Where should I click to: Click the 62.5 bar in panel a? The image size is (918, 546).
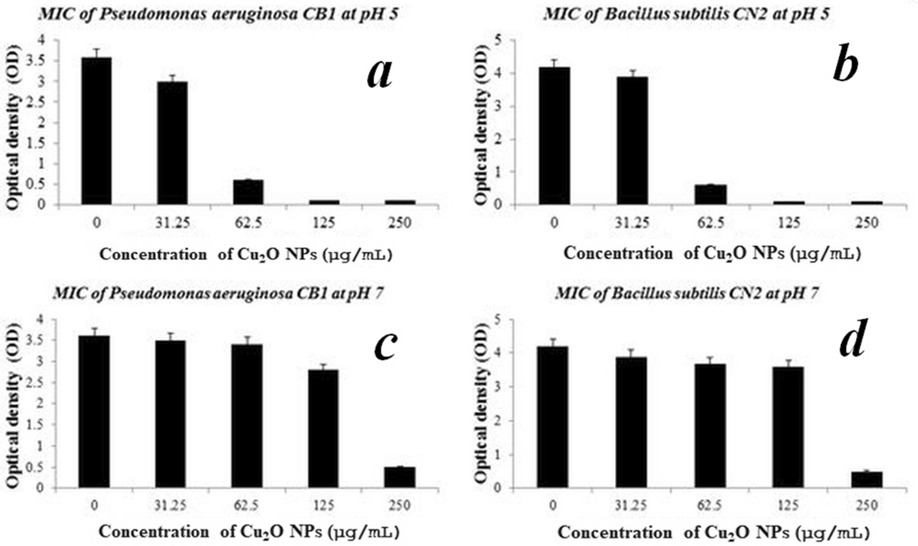click(248, 192)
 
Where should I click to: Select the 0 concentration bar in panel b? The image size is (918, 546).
click(554, 136)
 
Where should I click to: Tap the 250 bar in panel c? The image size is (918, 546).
click(400, 477)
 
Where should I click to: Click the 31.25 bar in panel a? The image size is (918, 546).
click(172, 143)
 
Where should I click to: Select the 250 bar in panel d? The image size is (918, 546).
click(866, 480)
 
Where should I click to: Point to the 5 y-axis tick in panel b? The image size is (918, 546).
click(497, 40)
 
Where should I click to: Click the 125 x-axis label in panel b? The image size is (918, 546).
click(789, 223)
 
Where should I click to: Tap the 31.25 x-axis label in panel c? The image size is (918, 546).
click(170, 505)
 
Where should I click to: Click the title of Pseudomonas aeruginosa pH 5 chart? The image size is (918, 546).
click(218, 14)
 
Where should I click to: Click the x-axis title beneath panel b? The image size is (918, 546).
click(712, 253)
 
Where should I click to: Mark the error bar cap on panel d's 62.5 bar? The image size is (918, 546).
click(710, 357)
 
